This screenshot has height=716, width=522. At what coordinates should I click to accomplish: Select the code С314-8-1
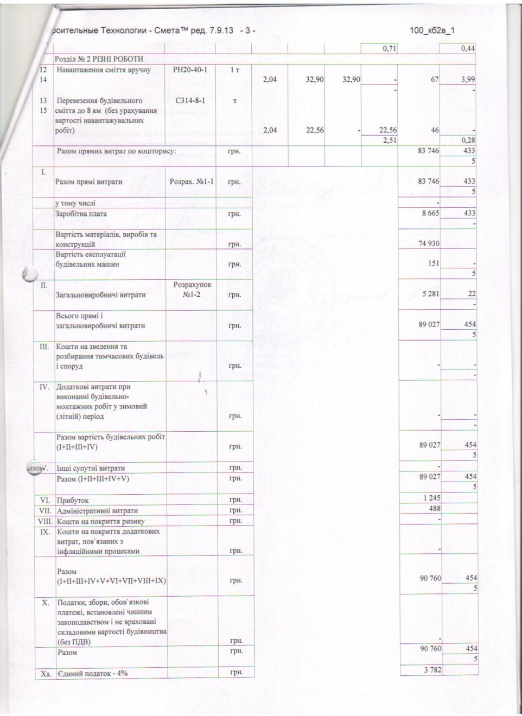click(189, 101)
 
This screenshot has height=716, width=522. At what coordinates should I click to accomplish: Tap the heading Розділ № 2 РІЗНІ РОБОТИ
click(99, 59)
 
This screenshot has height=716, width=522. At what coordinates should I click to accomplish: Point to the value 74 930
click(429, 244)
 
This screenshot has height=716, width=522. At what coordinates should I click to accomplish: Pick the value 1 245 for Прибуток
click(430, 498)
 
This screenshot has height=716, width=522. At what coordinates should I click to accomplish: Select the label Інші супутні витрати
click(91, 468)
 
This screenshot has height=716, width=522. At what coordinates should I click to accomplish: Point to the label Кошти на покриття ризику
click(100, 521)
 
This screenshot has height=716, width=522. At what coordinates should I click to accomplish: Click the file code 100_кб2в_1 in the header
click(432, 30)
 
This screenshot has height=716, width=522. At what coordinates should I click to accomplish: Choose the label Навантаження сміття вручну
click(104, 70)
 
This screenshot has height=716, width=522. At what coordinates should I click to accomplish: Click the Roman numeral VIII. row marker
click(44, 521)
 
